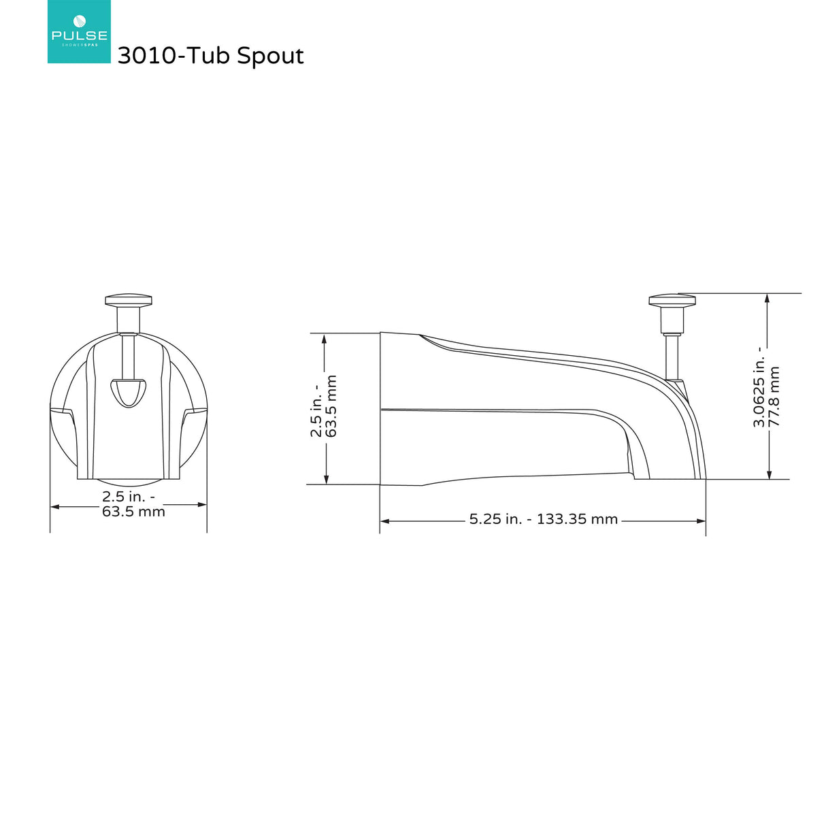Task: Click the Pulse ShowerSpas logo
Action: point(79,32)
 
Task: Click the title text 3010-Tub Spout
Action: point(210,56)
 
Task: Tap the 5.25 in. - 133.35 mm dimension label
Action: point(543,520)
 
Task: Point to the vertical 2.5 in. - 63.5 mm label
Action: point(324,406)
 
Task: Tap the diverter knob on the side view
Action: point(672,301)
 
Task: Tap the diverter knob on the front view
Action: point(128,300)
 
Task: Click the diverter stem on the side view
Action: point(672,354)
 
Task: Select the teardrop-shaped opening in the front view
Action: point(128,391)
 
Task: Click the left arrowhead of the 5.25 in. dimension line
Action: point(384,521)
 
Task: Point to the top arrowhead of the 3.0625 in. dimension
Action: point(768,299)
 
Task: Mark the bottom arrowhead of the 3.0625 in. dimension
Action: point(769,474)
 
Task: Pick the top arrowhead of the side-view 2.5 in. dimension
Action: point(325,338)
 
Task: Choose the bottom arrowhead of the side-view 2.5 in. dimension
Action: point(326,480)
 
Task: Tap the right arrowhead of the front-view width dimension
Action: point(202,505)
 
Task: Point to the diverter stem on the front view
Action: point(128,354)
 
